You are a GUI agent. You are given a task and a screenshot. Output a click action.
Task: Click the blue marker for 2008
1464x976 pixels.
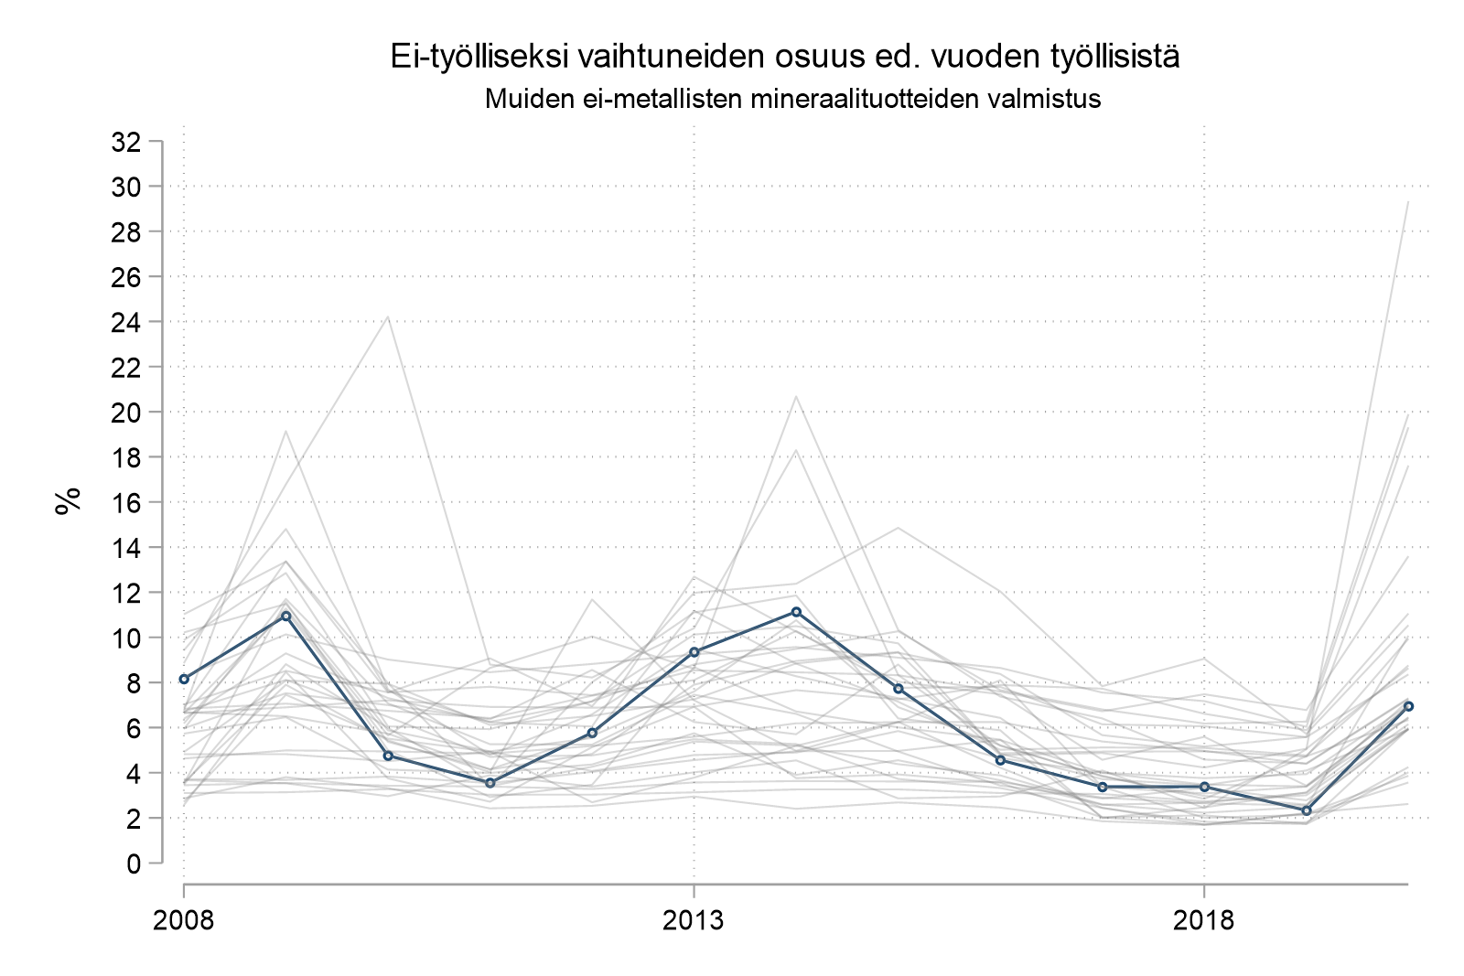pos(184,679)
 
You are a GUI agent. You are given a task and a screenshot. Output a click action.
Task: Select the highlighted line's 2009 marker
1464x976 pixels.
pos(285,616)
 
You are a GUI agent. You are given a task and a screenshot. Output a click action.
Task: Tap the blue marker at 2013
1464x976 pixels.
pos(694,652)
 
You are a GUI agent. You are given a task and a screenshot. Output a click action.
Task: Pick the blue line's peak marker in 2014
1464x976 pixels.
pos(796,611)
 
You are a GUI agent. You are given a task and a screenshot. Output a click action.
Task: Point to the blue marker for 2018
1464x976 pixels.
pos(1204,787)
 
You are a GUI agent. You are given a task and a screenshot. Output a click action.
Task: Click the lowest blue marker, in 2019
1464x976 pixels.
pos(1307,811)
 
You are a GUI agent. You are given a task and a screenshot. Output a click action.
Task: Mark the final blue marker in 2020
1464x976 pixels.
pos(1408,706)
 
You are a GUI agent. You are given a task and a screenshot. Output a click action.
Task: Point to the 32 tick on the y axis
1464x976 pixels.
pos(125,142)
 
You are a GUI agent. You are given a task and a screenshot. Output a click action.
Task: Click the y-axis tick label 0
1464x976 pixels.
pos(135,863)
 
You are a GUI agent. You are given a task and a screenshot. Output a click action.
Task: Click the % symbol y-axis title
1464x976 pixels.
pos(68,501)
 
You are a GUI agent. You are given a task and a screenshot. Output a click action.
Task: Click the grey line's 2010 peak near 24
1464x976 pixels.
pos(388,316)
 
